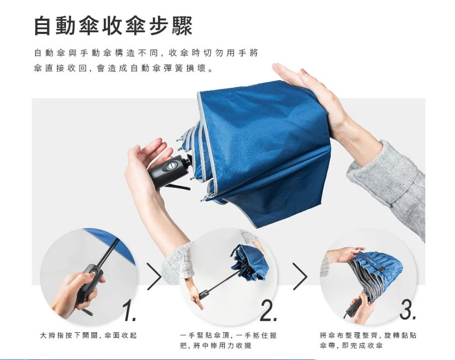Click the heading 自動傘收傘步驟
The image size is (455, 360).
113,26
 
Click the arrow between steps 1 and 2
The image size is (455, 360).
155,276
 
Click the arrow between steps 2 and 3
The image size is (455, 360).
300,276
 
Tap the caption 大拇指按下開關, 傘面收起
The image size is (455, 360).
88,335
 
